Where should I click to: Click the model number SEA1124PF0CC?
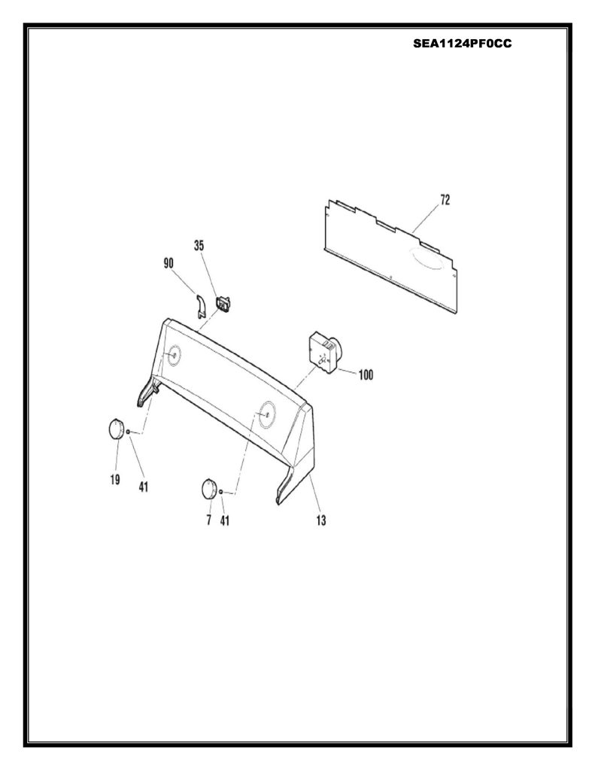coord(462,44)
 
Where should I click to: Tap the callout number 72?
coord(445,200)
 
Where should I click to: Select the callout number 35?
coord(199,246)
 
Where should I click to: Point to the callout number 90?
coord(168,264)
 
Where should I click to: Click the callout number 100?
coord(366,375)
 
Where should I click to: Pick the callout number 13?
coord(321,520)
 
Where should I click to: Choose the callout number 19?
coord(115,479)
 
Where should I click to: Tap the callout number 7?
coord(209,520)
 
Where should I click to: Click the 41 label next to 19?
coord(143,487)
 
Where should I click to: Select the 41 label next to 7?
coord(224,520)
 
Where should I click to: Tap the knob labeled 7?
coord(209,490)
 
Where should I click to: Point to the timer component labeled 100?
coord(324,353)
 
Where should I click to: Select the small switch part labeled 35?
coord(224,305)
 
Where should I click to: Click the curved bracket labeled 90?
coord(199,307)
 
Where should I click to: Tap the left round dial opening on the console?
coord(172,355)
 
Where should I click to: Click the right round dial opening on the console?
coord(267,414)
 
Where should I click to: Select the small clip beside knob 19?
coord(128,432)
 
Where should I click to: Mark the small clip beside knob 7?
coord(221,492)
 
